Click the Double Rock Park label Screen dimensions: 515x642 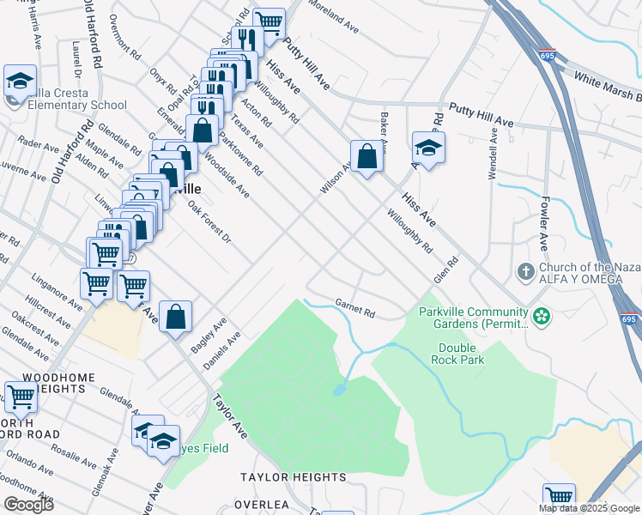(462, 354)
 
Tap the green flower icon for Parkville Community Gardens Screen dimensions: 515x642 (541, 317)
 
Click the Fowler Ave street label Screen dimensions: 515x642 (543, 222)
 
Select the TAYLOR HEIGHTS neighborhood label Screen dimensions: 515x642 (293, 477)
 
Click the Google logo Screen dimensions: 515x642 (27, 504)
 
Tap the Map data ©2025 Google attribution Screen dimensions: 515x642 (589, 508)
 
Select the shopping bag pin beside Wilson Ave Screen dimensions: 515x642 (366, 157)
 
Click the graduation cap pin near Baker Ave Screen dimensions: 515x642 (428, 148)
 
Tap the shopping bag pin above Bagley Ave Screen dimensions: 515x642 (175, 316)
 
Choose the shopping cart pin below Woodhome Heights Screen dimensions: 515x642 (21, 397)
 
